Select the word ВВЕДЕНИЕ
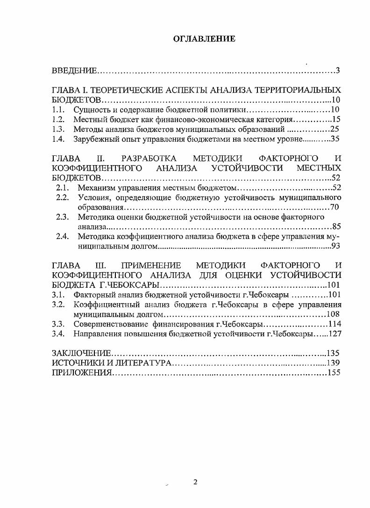[74, 71]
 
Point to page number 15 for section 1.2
[336, 119]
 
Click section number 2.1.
[63, 188]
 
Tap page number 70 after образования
[334, 207]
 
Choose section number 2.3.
[63, 217]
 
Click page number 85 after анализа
[336, 227]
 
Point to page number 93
[336, 246]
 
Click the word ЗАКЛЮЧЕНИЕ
[81, 353]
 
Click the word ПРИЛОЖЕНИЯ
[81, 373]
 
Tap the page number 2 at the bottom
[196, 483]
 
